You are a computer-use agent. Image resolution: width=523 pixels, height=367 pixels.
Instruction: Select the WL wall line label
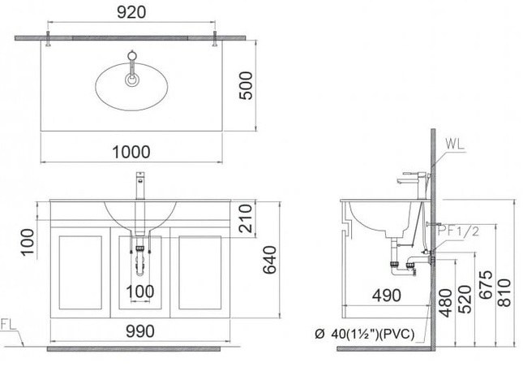[x=456, y=145]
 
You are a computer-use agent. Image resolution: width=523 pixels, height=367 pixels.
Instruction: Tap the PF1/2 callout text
[x=459, y=231]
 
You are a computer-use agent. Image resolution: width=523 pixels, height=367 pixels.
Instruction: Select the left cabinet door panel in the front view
[x=79, y=273]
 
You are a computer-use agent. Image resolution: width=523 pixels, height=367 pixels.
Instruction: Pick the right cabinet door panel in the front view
[x=199, y=273]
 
